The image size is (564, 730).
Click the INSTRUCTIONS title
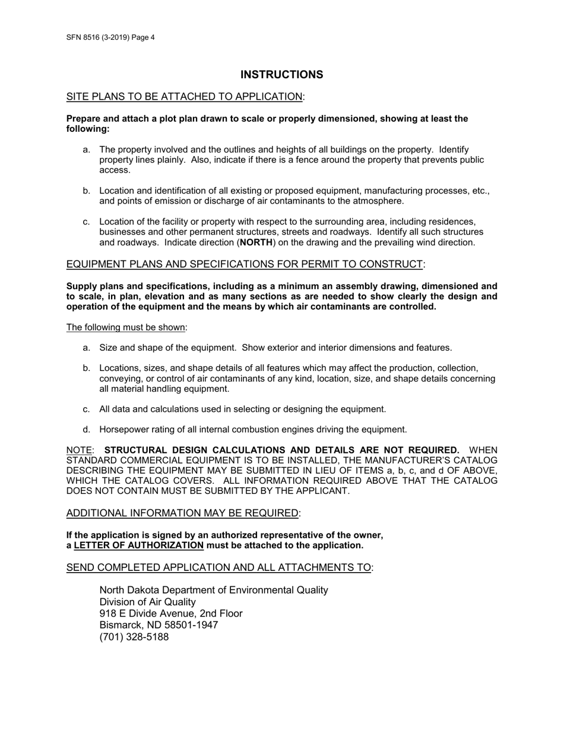point(282,75)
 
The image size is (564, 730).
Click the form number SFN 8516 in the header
point(87,37)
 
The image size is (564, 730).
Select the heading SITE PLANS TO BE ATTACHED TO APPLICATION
point(184,97)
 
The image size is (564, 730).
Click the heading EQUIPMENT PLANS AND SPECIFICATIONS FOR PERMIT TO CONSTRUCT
point(245,264)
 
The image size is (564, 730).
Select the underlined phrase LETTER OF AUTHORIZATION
point(139,545)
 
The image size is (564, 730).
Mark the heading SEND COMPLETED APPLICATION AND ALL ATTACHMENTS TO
point(218,567)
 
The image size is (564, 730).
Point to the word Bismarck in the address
point(119,626)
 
